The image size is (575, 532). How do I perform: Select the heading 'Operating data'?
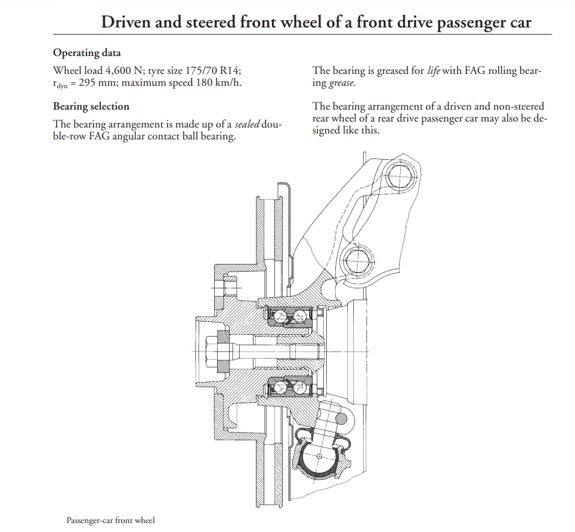tap(86, 53)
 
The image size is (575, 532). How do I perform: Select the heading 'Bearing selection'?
tap(91, 107)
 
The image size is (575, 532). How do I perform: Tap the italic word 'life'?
tap(434, 71)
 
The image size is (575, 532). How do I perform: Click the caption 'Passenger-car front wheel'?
tap(110, 520)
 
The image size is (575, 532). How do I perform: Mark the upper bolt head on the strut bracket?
tap(398, 176)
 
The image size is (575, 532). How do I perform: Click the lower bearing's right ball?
tap(300, 388)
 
